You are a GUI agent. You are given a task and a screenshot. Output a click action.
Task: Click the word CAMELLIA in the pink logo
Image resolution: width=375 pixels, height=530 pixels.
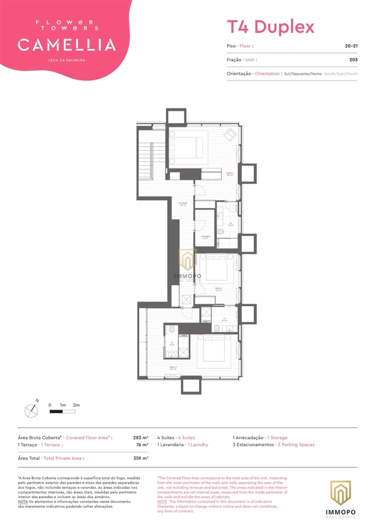tap(67, 45)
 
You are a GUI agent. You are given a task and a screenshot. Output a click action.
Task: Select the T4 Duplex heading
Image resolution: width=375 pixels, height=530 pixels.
tap(270, 27)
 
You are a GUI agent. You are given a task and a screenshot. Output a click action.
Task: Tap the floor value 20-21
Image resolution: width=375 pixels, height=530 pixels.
tap(351, 46)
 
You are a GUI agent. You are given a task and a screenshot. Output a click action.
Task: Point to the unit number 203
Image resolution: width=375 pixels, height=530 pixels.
tap(353, 60)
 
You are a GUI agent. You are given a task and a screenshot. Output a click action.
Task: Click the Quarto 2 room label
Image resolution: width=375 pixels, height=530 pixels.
tap(230, 174)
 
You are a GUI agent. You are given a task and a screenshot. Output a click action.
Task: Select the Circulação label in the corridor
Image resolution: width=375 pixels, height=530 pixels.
tap(183, 204)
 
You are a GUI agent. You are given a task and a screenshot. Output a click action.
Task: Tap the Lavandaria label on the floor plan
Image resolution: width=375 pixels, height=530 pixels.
tap(205, 237)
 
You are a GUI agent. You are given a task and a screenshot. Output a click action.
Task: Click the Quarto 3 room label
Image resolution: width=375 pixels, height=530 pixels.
tap(219, 289)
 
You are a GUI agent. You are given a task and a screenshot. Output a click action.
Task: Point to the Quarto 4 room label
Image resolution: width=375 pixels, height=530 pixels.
tap(173, 368)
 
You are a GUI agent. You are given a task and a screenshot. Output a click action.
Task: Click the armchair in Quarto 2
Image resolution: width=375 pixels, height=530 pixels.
tap(230, 135)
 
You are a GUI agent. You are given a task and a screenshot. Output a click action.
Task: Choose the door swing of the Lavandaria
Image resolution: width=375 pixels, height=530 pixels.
tap(201, 225)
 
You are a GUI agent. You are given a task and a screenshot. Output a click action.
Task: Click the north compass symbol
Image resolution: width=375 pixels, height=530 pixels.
tap(32, 410)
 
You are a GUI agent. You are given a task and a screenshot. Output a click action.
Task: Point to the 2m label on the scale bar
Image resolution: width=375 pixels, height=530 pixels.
tap(76, 405)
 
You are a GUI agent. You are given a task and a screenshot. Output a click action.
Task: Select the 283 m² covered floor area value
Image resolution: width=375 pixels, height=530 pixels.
tap(141, 438)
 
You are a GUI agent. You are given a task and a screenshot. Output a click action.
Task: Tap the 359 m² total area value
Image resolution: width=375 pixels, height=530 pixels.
tap(141, 458)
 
